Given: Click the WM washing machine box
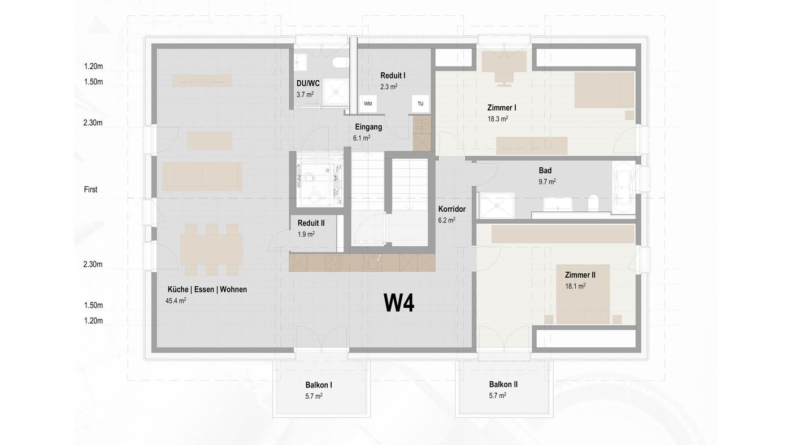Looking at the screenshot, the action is click(368, 104).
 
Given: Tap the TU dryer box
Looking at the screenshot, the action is click(420, 104).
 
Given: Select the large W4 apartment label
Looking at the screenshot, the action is click(399, 303).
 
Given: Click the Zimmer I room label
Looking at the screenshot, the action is click(502, 108).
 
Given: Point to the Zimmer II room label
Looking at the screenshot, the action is click(580, 275).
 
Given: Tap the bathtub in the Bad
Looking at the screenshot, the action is click(624, 187).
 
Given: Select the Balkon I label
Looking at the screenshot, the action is click(319, 385).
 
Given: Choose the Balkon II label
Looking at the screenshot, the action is click(503, 385).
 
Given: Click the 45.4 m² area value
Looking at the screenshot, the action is click(176, 300).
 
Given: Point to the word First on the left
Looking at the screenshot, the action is click(90, 190).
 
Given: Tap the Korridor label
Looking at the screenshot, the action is click(452, 209).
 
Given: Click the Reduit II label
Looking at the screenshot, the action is click(311, 223).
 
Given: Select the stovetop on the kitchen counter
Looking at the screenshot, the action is click(333, 263).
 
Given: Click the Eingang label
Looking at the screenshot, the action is click(368, 127).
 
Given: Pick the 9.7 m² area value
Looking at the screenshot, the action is click(547, 182).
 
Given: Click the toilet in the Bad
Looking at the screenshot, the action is click(593, 203).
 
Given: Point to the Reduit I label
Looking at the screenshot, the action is click(393, 76).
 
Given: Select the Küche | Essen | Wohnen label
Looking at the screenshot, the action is click(207, 289).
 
